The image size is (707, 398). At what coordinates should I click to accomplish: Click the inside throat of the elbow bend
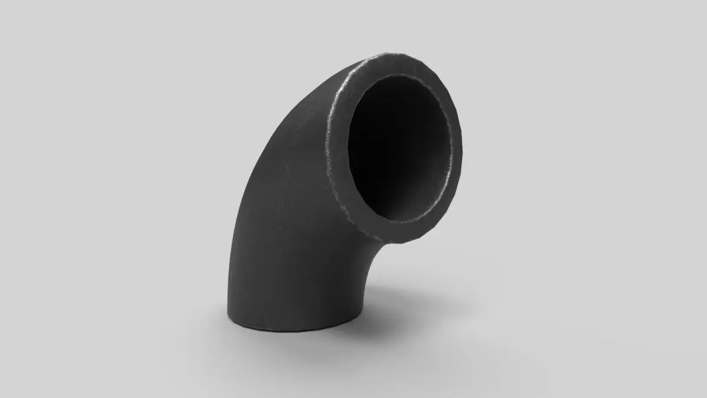(x=368, y=254)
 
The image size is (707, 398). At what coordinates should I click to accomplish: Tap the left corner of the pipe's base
(x=229, y=313)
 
